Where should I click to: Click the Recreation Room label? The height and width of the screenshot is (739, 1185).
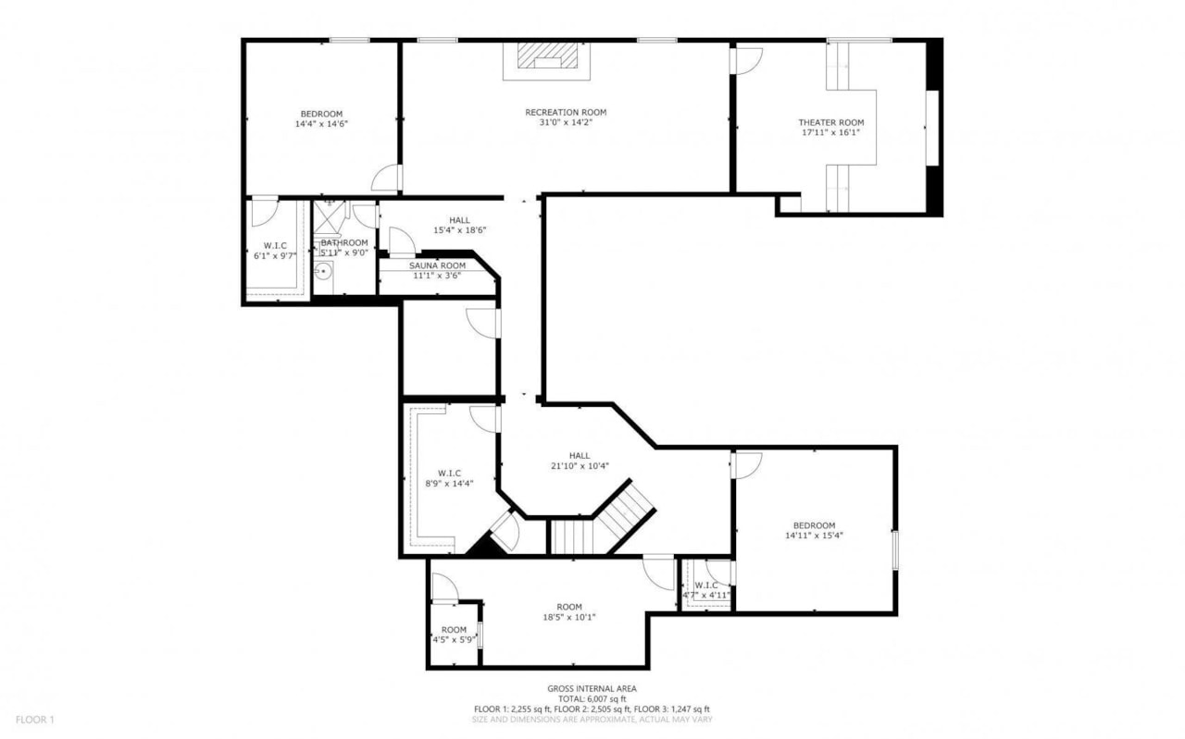[x=566, y=112]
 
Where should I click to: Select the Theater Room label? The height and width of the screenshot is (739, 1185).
[x=831, y=122]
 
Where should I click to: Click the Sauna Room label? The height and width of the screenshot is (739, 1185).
[x=437, y=265]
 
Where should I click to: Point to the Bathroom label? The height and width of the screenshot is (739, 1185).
[x=344, y=242]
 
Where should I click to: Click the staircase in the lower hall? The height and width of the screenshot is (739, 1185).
[x=602, y=524]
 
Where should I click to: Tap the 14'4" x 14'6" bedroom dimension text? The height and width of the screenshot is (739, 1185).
[x=321, y=123]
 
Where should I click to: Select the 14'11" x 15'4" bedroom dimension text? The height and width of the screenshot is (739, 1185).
[x=814, y=535]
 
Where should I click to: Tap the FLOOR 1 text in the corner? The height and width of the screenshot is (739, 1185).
[x=35, y=720]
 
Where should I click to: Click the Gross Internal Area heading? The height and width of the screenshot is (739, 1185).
[x=592, y=688]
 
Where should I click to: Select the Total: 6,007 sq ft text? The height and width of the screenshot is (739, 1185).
[x=592, y=698]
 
